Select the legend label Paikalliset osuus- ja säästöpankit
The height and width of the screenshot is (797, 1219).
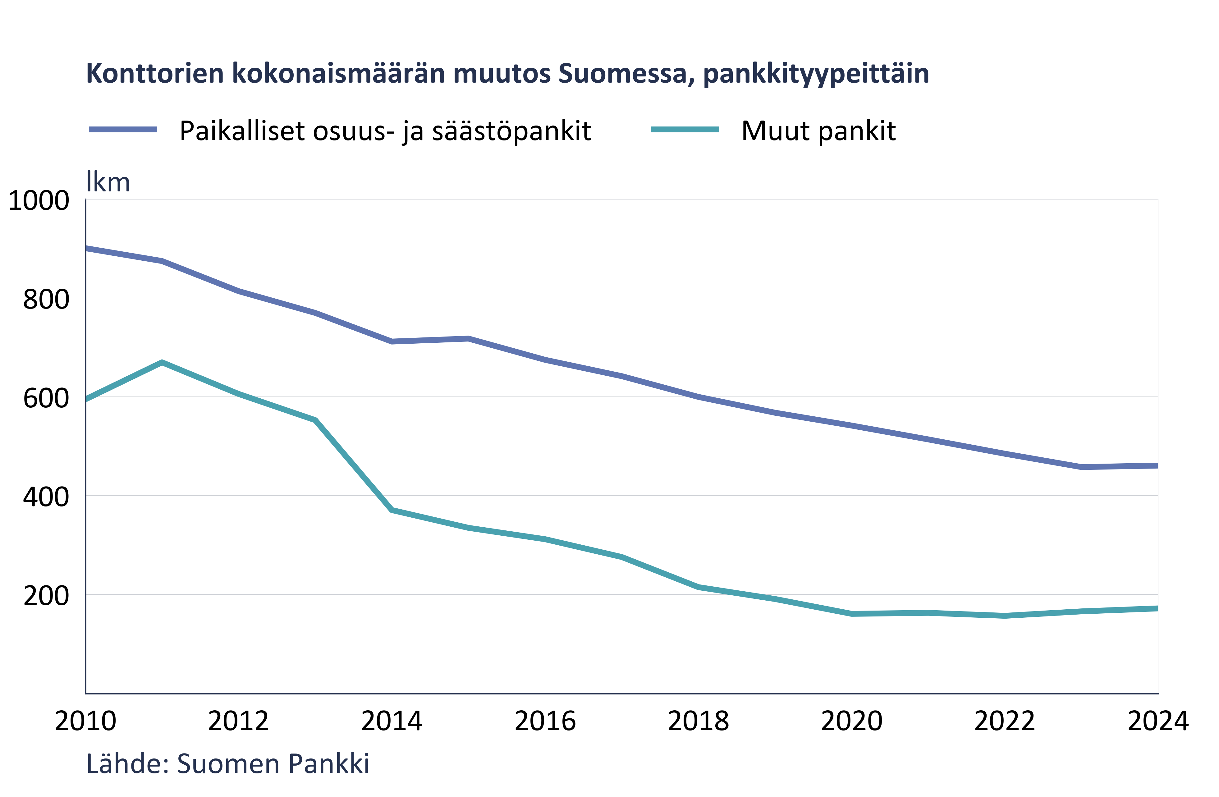point(385,131)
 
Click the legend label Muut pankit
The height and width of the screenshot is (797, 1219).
point(818,131)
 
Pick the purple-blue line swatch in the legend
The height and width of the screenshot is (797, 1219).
point(123,130)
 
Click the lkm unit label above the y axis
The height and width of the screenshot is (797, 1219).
point(108,182)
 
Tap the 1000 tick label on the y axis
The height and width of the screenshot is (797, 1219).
point(39,200)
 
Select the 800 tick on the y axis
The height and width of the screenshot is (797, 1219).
point(46,299)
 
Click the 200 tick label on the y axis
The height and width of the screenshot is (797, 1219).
point(46,595)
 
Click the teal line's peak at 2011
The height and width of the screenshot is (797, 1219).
point(162,363)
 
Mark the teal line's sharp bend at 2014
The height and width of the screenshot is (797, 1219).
point(392,510)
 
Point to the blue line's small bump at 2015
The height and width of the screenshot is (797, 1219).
point(468,339)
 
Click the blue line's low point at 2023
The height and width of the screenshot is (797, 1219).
point(1081,467)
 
